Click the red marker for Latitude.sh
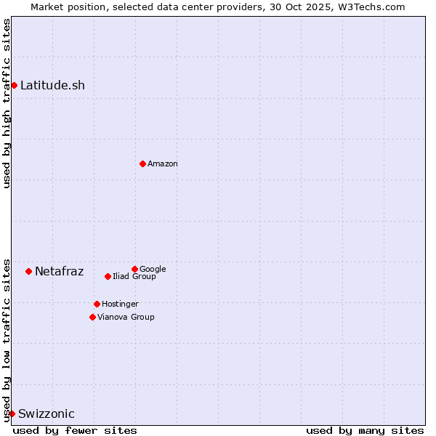tap(14, 85)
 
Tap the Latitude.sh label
tap(52, 85)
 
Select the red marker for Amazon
tap(142, 163)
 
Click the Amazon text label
tap(162, 163)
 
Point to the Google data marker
tap(134, 269)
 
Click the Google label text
tap(153, 269)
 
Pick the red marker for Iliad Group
tap(108, 276)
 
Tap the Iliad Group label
tap(134, 276)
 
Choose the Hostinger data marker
tap(97, 304)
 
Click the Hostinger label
tap(120, 304)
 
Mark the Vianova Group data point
tap(92, 317)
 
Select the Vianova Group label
tap(126, 317)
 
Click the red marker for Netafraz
tap(28, 271)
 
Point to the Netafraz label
tap(59, 271)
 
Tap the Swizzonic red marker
tap(12, 413)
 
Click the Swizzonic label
tap(46, 413)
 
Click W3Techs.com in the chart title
tap(371, 7)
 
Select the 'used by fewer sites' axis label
tap(75, 430)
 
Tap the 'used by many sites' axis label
tap(365, 430)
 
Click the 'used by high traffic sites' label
tap(7, 103)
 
